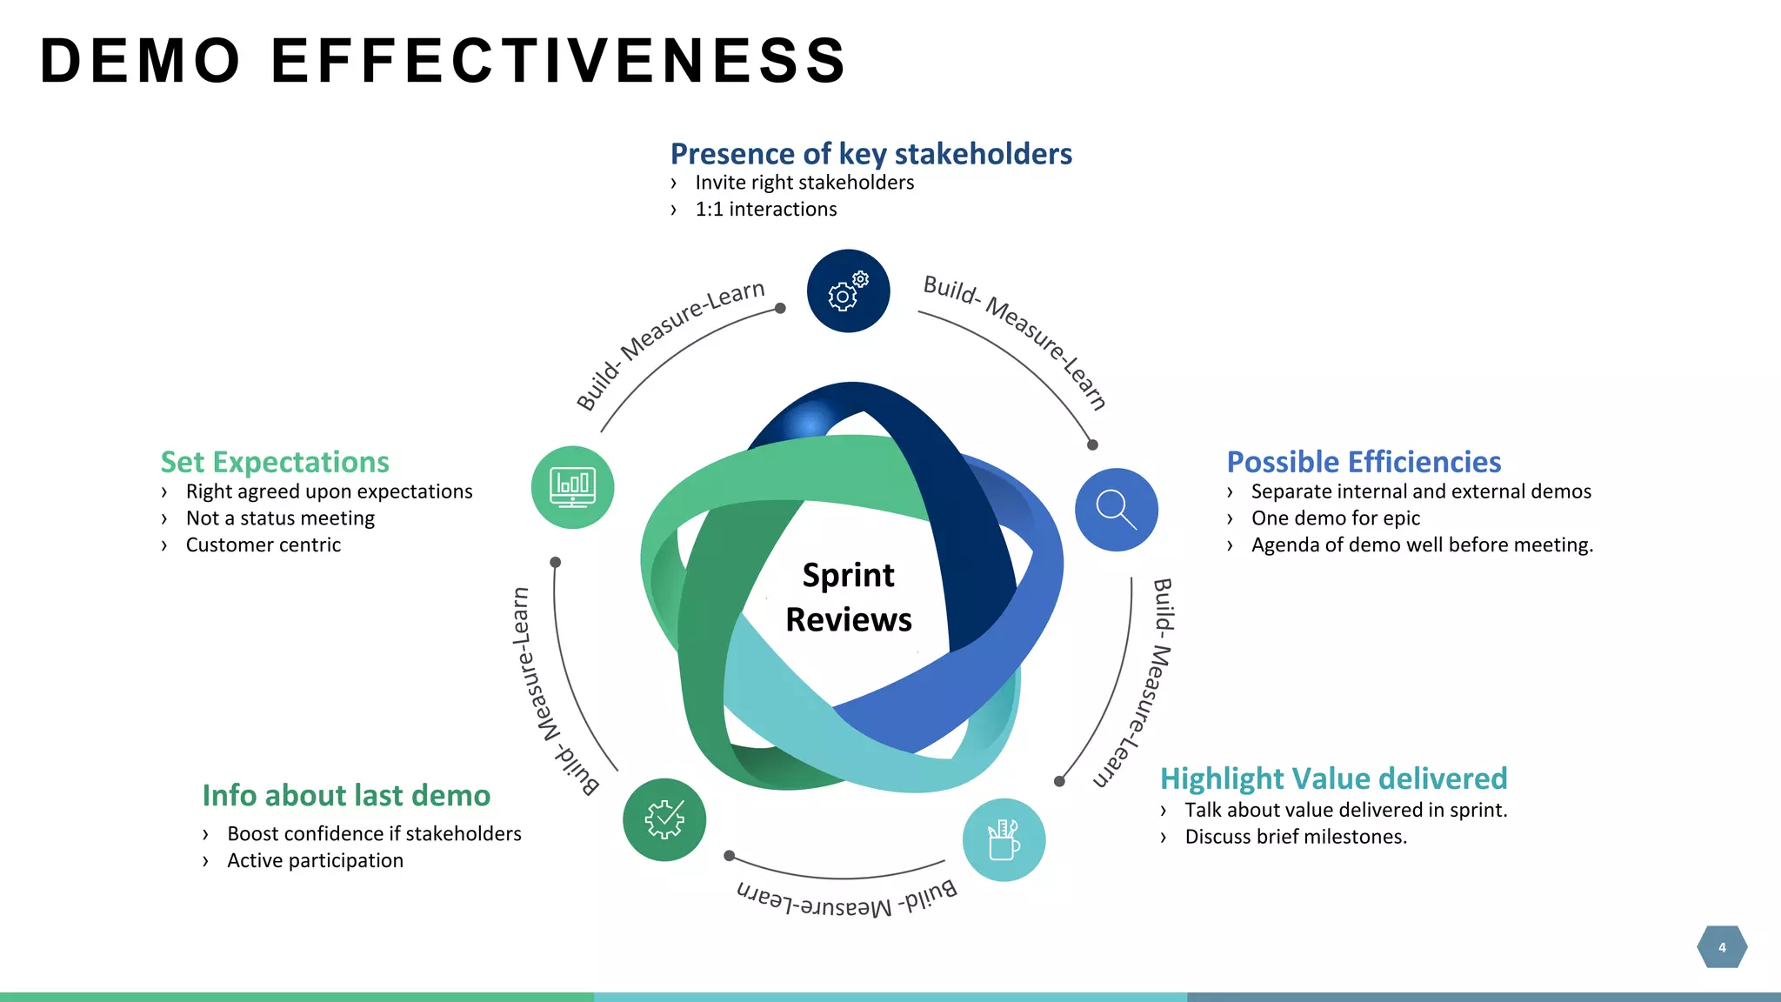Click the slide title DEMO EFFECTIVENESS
444,61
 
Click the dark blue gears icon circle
848,291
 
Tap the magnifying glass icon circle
1116,509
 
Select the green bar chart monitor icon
572,487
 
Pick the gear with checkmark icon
664,819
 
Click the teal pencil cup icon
1004,839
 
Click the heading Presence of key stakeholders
870,154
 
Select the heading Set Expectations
275,462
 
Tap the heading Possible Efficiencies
1364,462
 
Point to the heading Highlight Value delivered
1333,778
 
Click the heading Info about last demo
346,796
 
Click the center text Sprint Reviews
848,598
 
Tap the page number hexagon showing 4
1721,947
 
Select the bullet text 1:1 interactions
765,210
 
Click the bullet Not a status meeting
280,518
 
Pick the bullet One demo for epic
1335,518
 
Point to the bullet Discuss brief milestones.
1295,837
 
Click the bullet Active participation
315,860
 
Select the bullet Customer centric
263,545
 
